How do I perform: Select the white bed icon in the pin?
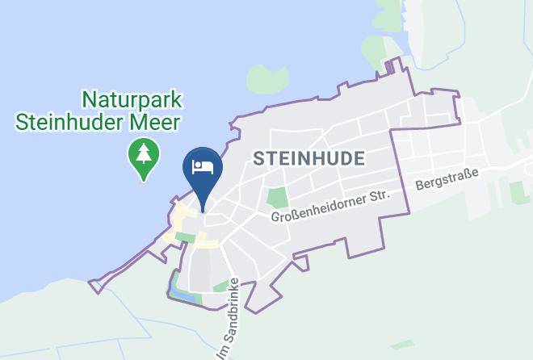point(202,166)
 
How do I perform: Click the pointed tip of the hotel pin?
point(202,208)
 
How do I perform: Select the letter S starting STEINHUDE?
point(258,158)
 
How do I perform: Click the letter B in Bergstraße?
point(419,186)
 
